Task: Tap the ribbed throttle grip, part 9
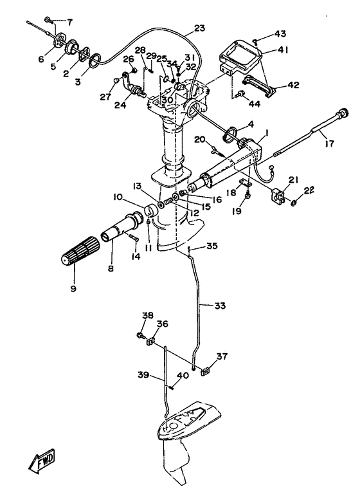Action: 79,250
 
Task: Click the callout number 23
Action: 199,28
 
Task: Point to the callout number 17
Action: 329,144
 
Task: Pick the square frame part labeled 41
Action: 241,59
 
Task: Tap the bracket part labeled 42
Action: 260,86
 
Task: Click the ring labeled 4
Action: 230,134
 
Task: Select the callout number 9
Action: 73,288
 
